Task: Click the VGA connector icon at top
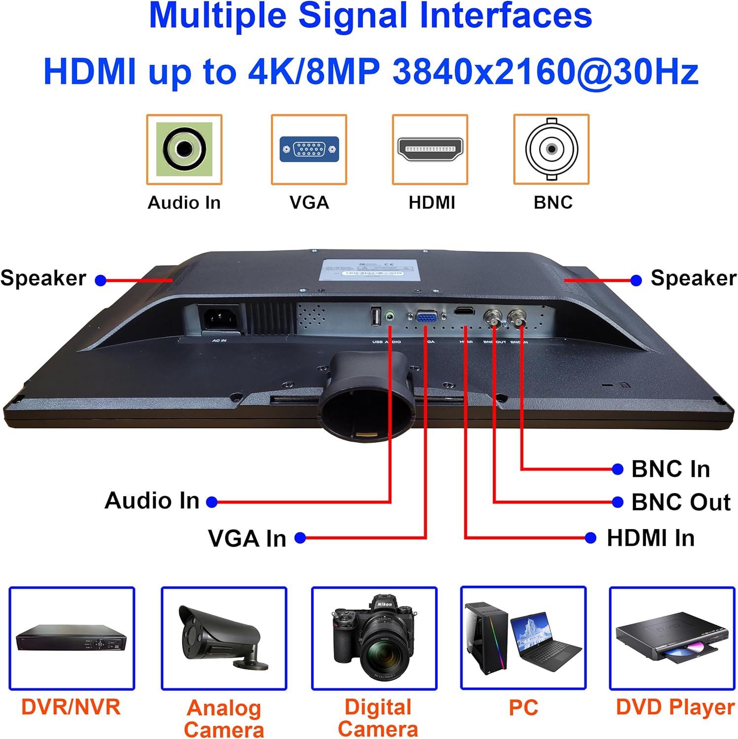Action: tap(309, 149)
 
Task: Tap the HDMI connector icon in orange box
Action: tap(430, 149)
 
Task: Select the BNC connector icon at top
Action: tap(551, 149)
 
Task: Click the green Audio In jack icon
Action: tap(184, 149)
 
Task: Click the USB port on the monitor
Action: tap(376, 316)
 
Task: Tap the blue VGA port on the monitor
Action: tap(426, 316)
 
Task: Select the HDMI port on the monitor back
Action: tap(464, 311)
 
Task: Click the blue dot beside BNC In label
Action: tap(617, 469)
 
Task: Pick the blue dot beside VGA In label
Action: tap(300, 538)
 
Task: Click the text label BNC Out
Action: tap(680, 502)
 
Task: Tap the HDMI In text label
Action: tap(650, 538)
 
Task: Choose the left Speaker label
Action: tap(43, 278)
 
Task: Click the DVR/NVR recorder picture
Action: tap(71, 638)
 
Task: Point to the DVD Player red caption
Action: tap(674, 707)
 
